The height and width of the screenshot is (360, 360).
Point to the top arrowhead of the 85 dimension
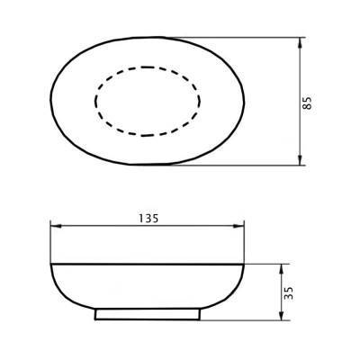pyautogui.click(x=298, y=42)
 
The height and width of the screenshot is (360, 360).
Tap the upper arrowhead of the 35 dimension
pyautogui.click(x=282, y=268)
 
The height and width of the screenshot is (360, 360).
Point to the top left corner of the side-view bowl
pyautogui.click(x=50, y=263)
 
